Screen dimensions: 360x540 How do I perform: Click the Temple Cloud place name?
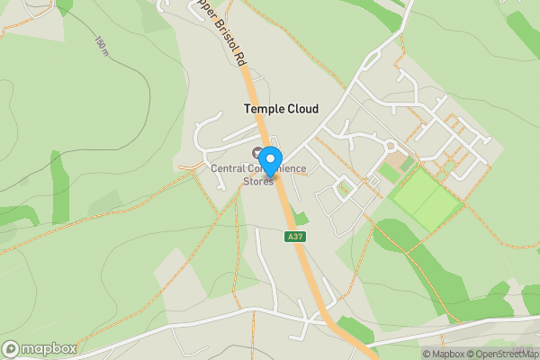(281, 109)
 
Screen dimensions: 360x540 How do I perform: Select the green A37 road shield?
(293, 237)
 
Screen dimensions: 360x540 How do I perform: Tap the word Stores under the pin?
(258, 181)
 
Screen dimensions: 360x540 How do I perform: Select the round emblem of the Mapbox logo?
(12, 348)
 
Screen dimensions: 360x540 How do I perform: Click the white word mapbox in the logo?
(49, 348)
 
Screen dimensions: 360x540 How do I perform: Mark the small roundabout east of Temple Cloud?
(391, 146)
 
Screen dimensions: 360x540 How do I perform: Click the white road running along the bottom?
(180, 325)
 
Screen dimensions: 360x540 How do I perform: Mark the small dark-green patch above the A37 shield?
(301, 217)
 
